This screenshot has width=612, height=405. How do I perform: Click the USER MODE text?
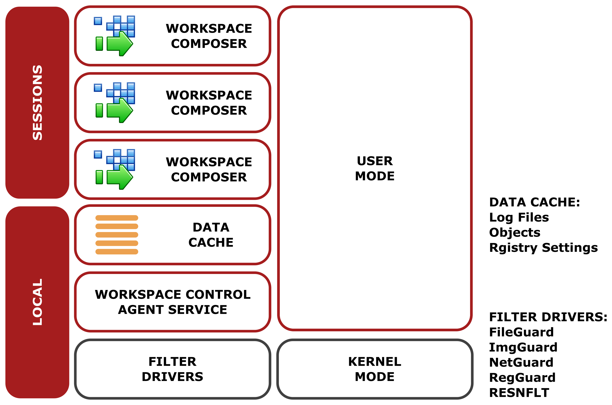pos(375,168)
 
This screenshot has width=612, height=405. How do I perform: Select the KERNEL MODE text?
pos(375,369)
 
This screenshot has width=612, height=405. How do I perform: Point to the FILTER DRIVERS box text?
pos(172,369)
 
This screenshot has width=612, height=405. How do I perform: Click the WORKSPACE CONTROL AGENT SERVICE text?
pos(172,302)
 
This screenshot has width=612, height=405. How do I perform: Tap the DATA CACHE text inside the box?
pos(211,235)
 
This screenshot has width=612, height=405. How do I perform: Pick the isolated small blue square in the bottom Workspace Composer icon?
pos(98,154)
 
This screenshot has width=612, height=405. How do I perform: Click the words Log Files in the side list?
pos(519,217)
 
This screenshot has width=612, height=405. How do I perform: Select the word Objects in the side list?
pos(515,232)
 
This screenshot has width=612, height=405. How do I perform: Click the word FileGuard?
pos(521,332)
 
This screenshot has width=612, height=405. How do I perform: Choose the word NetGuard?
pos(521,362)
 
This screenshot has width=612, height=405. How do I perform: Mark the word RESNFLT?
pos(519,393)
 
